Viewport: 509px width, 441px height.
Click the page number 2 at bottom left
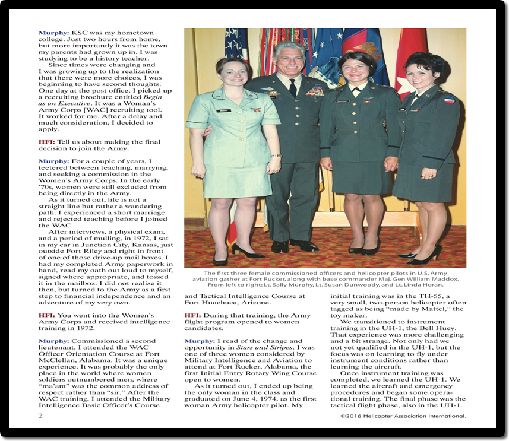click(x=40, y=416)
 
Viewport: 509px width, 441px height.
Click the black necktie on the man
click(x=292, y=87)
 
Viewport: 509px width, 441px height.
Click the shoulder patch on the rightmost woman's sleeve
click(x=450, y=100)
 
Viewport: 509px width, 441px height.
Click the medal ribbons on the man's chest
click(x=315, y=91)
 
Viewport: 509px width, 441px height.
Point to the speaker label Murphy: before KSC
click(x=53, y=33)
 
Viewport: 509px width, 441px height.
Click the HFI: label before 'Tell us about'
click(x=47, y=142)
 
